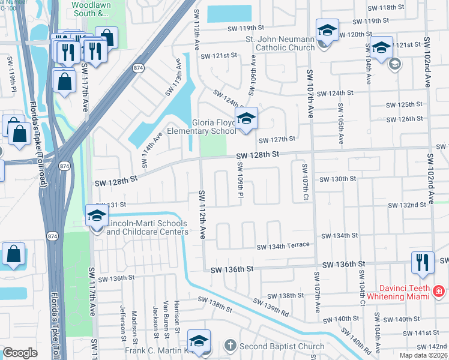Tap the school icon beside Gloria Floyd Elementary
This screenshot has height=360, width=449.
tap(246, 119)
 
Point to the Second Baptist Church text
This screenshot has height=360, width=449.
tap(282, 346)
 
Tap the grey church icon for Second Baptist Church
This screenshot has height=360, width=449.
tap(231, 346)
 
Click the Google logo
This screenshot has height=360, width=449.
tap(20, 353)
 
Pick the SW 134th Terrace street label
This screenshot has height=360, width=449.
tap(283, 246)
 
